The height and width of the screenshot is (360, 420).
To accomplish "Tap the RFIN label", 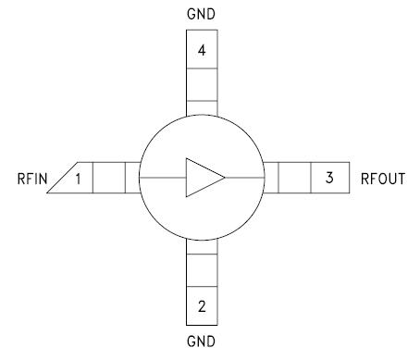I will (x=33, y=178).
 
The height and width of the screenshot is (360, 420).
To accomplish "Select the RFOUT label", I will (x=383, y=178).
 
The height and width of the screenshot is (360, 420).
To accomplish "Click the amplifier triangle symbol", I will (x=203, y=178).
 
